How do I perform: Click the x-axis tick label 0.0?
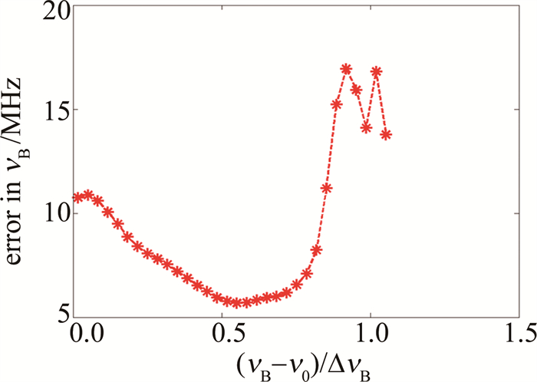point(81,332)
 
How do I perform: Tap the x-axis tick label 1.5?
point(516,332)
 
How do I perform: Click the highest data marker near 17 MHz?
point(346,69)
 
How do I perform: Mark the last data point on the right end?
point(386,134)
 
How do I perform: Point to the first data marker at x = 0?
point(77,197)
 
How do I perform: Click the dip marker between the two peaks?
point(366,127)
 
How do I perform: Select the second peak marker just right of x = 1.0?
point(376,72)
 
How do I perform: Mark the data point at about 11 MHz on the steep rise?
point(326,189)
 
